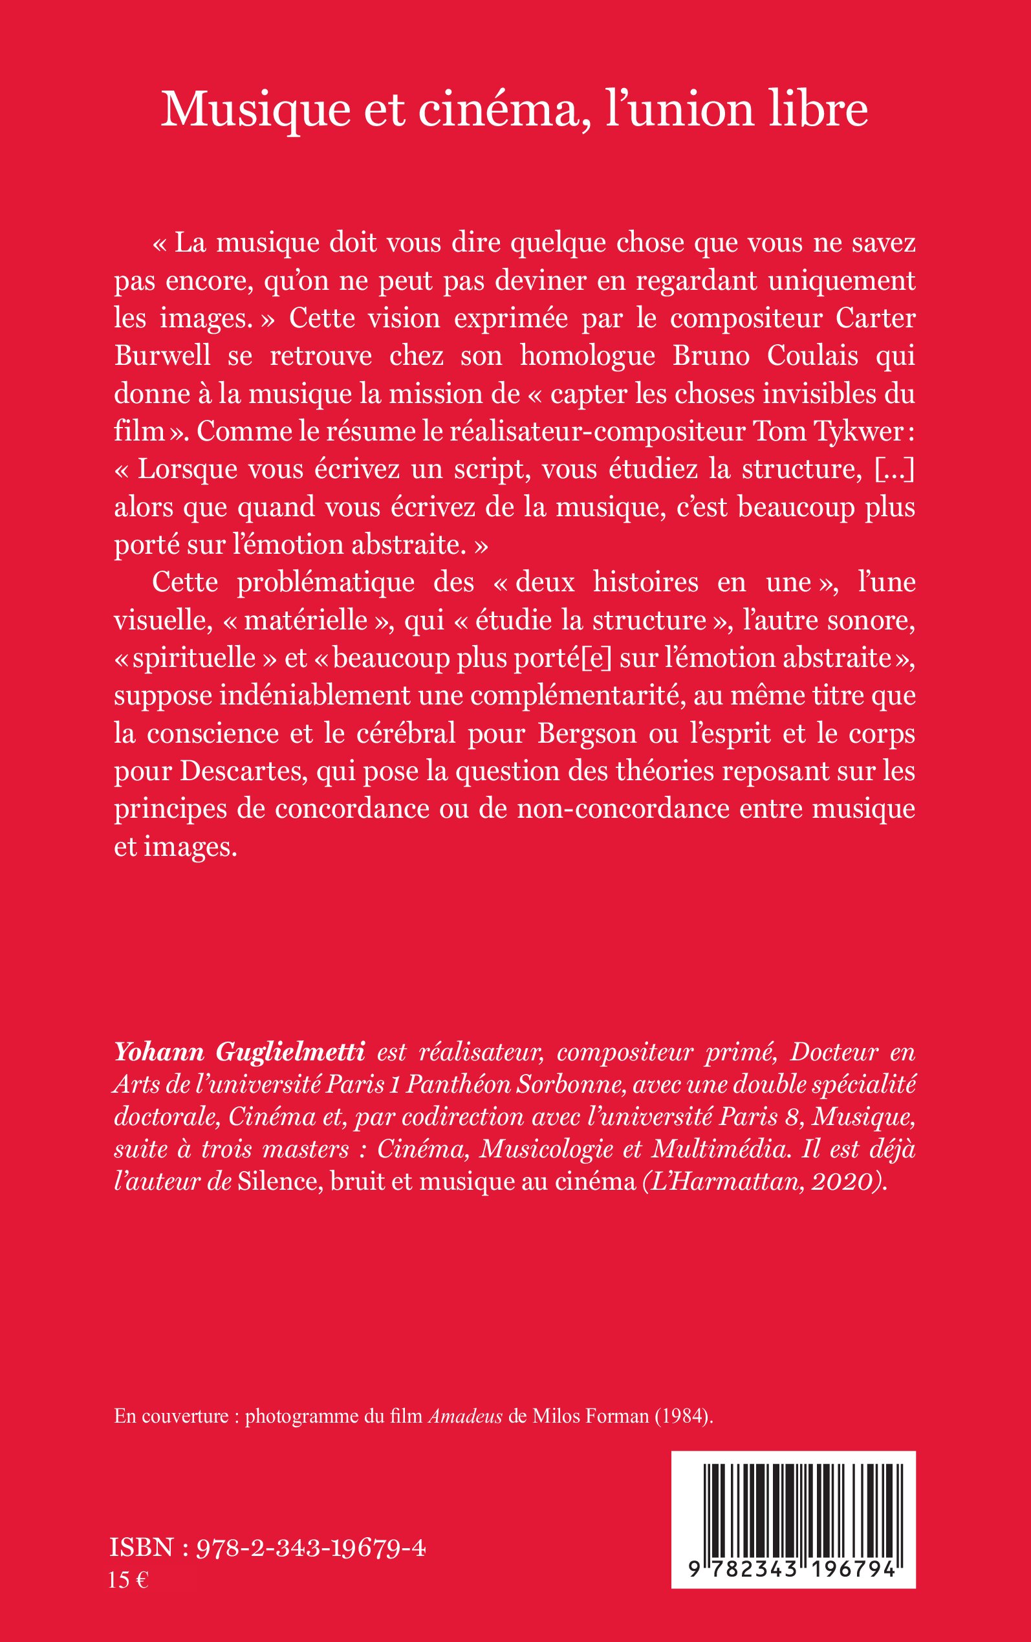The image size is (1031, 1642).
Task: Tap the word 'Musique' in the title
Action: pyautogui.click(x=255, y=111)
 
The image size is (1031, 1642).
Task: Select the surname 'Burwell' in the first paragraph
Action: pyautogui.click(x=162, y=356)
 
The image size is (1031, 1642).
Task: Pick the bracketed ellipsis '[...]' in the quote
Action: pyautogui.click(x=894, y=469)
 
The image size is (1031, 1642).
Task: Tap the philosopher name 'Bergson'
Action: pyautogui.click(x=586, y=733)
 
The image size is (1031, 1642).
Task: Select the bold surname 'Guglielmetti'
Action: pyautogui.click(x=290, y=1052)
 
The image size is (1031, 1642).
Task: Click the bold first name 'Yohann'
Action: pyautogui.click(x=159, y=1052)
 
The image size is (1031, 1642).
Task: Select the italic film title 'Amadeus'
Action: pyautogui.click(x=465, y=1416)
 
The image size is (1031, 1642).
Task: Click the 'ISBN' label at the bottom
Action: pyautogui.click(x=142, y=1548)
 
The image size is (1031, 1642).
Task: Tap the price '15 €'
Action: pyautogui.click(x=128, y=1580)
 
